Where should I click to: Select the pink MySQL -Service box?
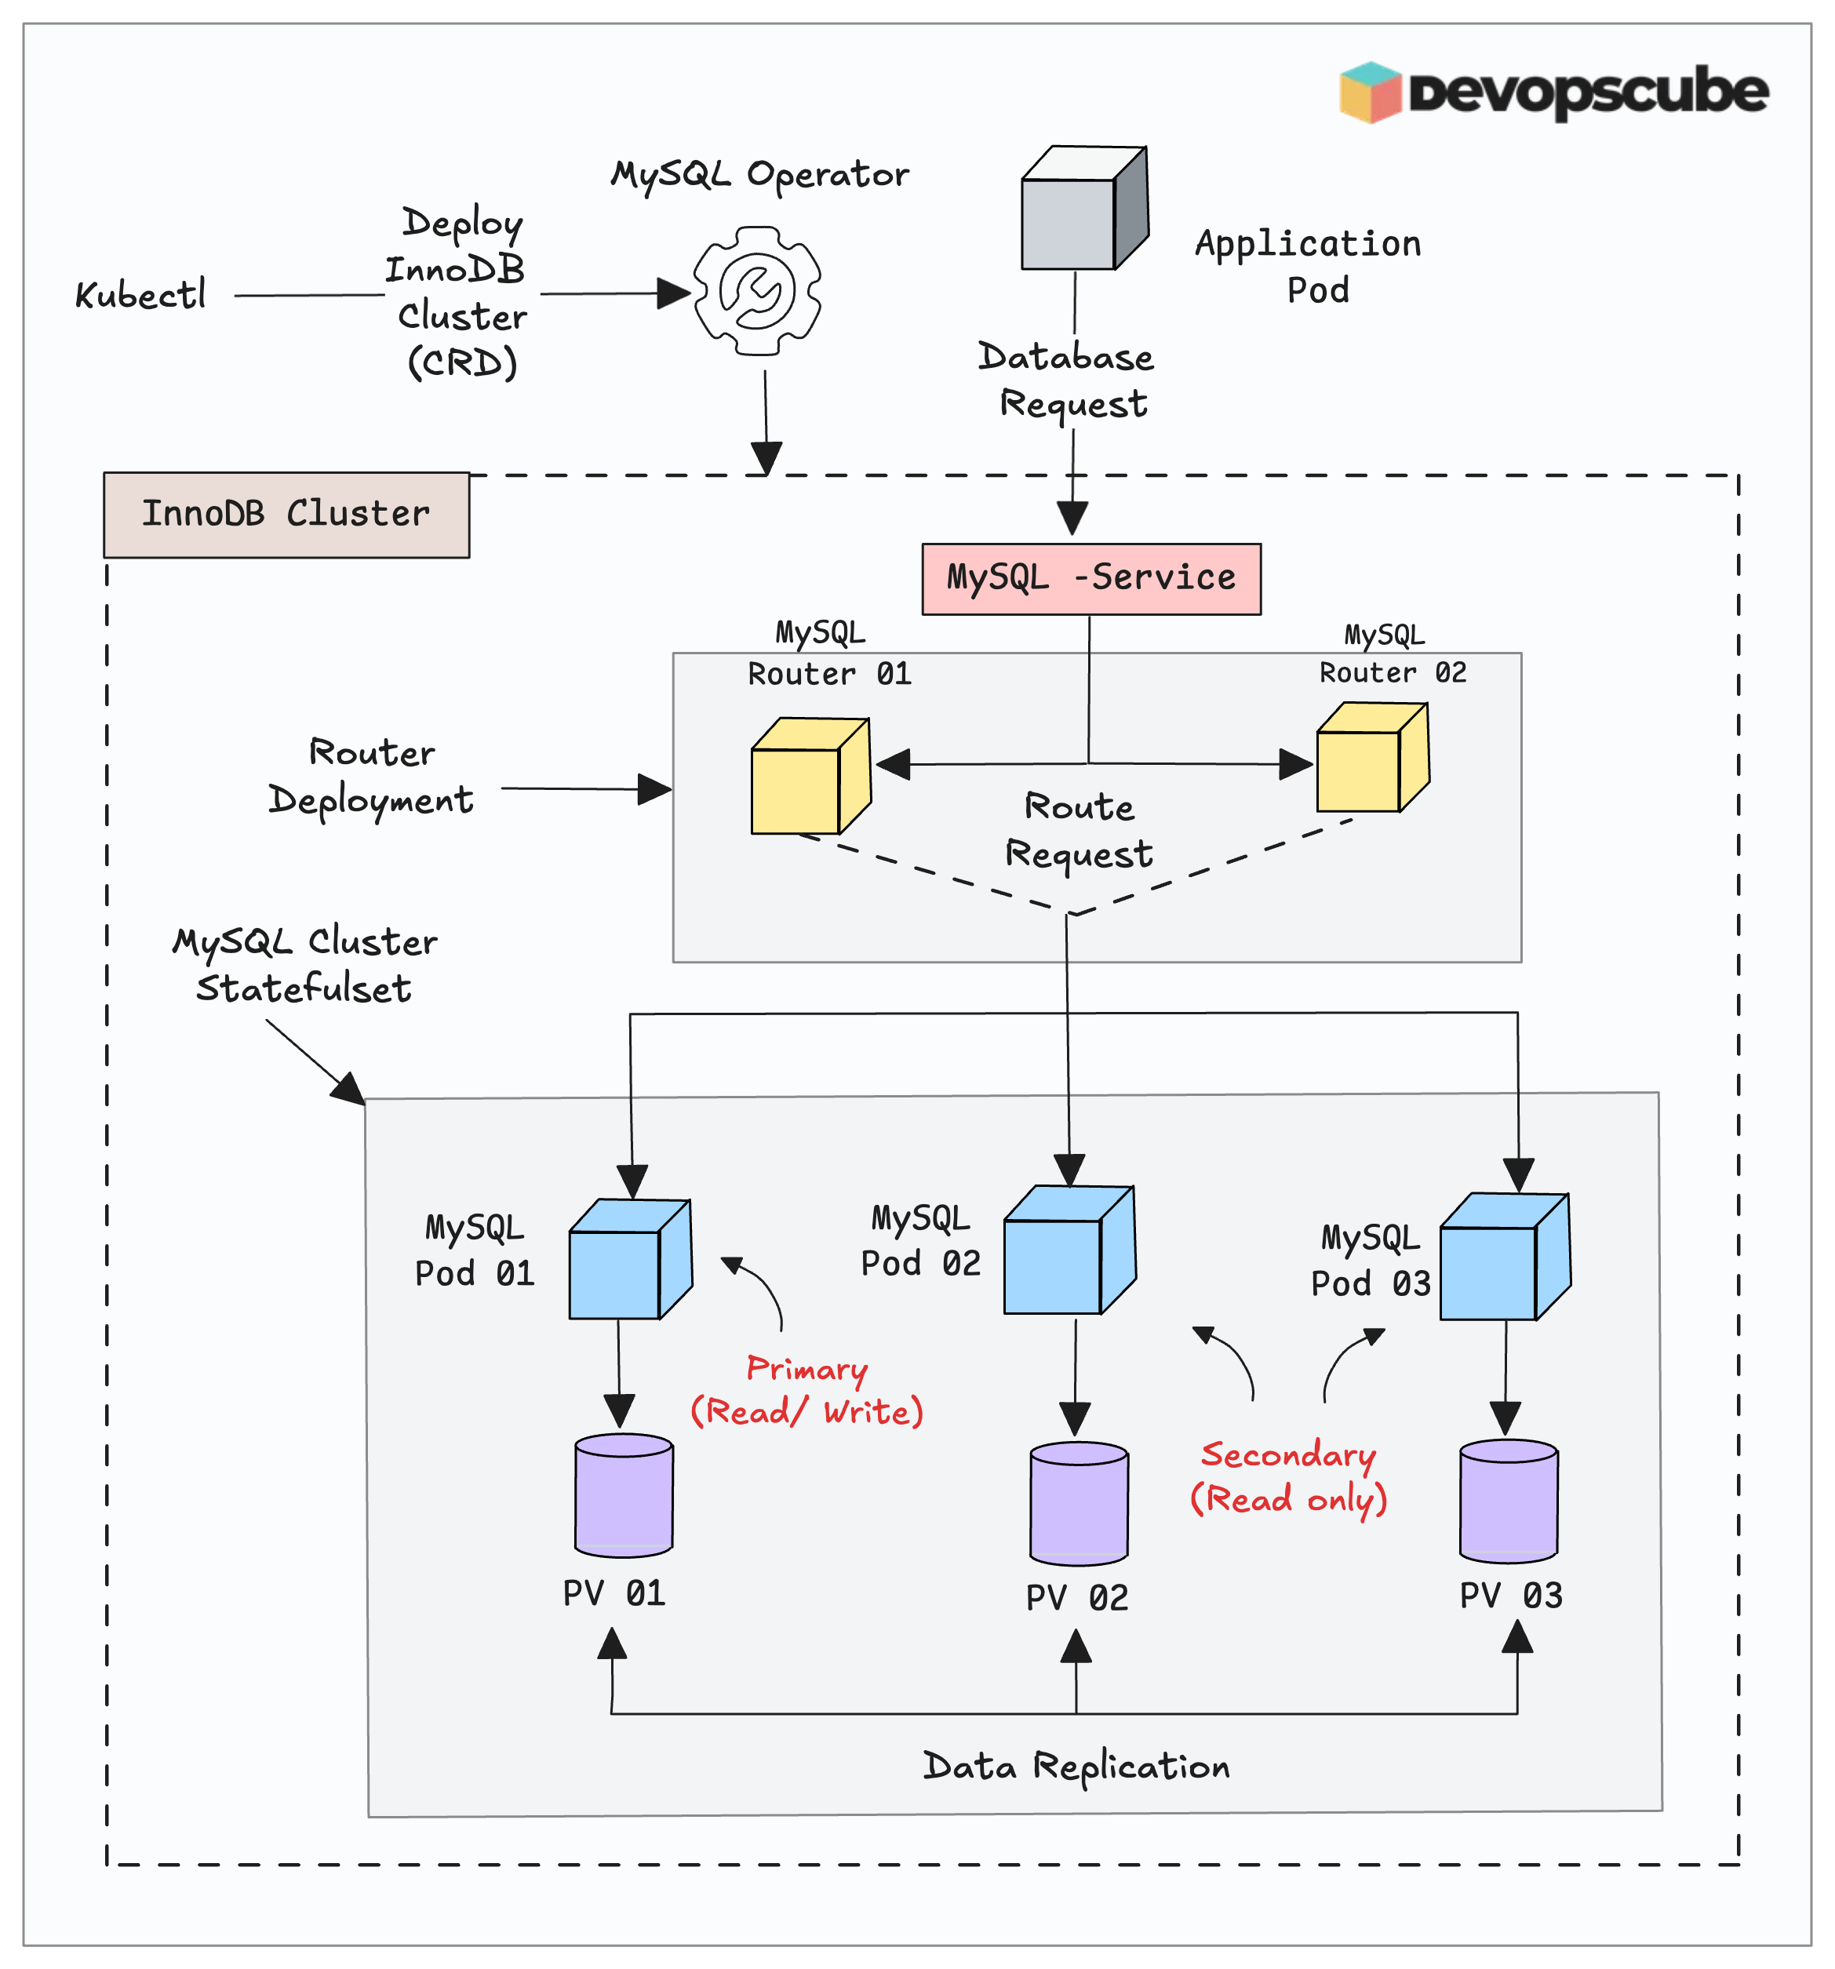[x=1090, y=578]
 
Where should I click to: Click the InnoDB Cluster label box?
[x=286, y=514]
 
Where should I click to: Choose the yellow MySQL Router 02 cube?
[x=1371, y=759]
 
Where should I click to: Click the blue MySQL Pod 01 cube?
[x=629, y=1260]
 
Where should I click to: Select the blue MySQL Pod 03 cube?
[x=1503, y=1257]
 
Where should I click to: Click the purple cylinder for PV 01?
[x=624, y=1495]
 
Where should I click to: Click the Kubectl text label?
[x=140, y=295]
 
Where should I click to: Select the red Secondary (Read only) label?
[x=1287, y=1476]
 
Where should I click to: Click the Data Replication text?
[x=1076, y=1767]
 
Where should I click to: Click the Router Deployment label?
[x=371, y=777]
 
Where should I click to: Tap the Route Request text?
[x=1079, y=831]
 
